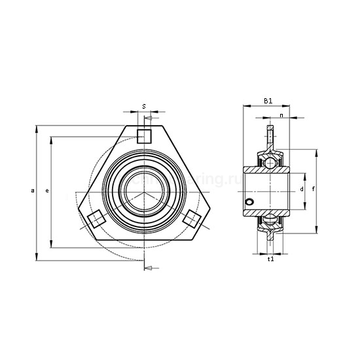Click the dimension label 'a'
[x=32, y=190]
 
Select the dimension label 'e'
[x=46, y=190]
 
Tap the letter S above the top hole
[x=144, y=106]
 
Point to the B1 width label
[x=267, y=100]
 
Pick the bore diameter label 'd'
[x=301, y=189]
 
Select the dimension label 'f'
[x=315, y=189]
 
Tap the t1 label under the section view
[x=271, y=259]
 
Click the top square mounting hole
[x=144, y=135]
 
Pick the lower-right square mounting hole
[x=192, y=219]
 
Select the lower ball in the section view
[x=268, y=223]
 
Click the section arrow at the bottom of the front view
[x=150, y=268]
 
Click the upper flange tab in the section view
[x=268, y=134]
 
